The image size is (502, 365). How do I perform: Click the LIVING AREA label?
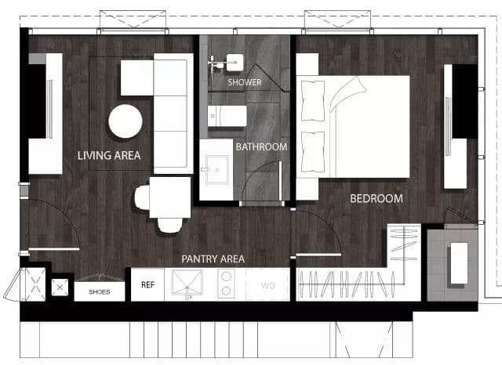pyautogui.click(x=109, y=156)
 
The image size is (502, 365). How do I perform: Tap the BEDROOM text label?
pyautogui.click(x=376, y=198)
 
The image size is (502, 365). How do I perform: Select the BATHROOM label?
pyautogui.click(x=261, y=147)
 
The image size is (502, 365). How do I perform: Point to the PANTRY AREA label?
pyautogui.click(x=213, y=259)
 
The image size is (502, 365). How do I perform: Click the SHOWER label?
pyautogui.click(x=245, y=82)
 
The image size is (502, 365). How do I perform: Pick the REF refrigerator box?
pyautogui.click(x=147, y=284)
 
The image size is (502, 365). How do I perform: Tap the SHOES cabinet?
pyautogui.click(x=100, y=291)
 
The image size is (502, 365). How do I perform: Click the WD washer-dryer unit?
pyautogui.click(x=268, y=284)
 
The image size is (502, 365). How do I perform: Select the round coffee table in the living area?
pyautogui.click(x=125, y=121)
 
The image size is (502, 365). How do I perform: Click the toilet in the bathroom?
pyautogui.click(x=227, y=116)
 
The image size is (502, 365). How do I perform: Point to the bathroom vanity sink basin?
pyautogui.click(x=217, y=170)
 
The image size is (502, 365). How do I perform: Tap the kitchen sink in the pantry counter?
pyautogui.click(x=187, y=283)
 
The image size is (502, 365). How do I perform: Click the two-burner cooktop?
pyautogui.click(x=226, y=284)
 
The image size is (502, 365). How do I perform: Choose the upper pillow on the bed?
pyautogui.click(x=313, y=101)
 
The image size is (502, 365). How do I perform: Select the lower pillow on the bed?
pyautogui.click(x=313, y=152)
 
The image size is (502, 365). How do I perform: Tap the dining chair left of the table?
pyautogui.click(x=142, y=197)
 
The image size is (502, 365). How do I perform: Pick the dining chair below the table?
pyautogui.click(x=170, y=225)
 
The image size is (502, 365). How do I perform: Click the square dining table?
pyautogui.click(x=170, y=197)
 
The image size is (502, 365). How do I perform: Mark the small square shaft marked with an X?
pyautogui.click(x=60, y=287)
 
